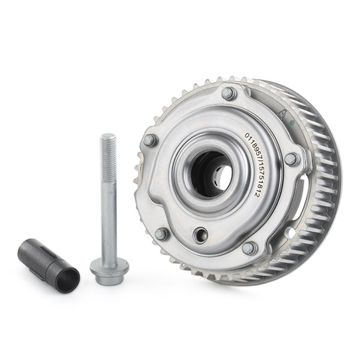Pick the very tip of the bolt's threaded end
tap(109, 136)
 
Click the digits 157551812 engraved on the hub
tap(256, 177)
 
